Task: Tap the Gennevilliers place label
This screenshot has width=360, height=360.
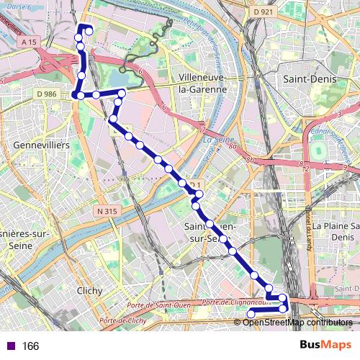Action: (41, 145)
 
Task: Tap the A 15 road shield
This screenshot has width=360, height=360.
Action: (29, 43)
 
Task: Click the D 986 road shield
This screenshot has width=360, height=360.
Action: (45, 94)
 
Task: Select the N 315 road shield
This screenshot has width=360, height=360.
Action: (105, 212)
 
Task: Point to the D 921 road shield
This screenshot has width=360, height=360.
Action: (264, 12)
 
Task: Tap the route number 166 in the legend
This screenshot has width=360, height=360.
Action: (30, 346)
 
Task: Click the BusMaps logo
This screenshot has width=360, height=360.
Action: (325, 346)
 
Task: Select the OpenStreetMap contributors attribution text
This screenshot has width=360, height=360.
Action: (297, 322)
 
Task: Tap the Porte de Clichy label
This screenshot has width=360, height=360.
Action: (123, 320)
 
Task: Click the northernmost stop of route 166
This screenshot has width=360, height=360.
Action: (89, 30)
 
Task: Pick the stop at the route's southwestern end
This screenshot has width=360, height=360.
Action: (251, 314)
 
